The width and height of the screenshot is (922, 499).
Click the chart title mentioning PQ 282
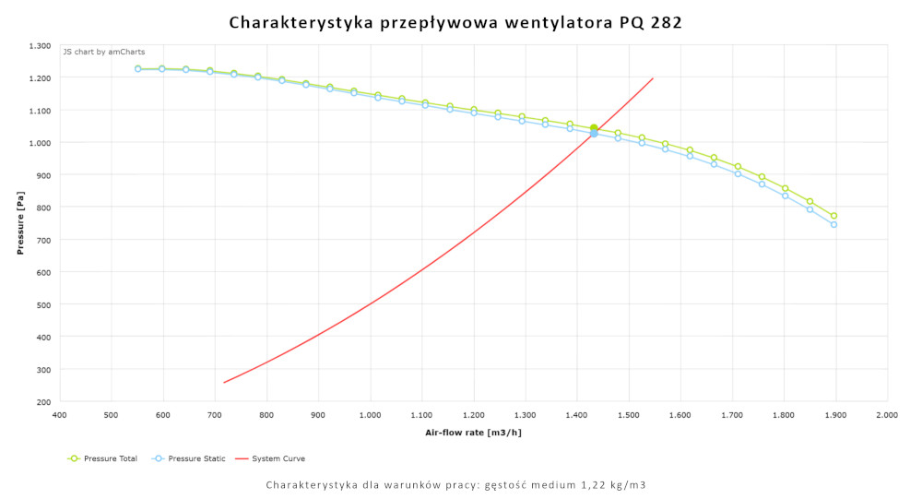[x=455, y=23]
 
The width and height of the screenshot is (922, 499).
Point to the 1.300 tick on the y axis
[x=40, y=45]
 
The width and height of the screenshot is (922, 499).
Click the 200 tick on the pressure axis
[x=43, y=401]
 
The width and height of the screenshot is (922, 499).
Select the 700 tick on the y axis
[x=43, y=240]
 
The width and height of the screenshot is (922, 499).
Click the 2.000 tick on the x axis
[x=887, y=415]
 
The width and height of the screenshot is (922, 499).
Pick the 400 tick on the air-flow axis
[x=59, y=415]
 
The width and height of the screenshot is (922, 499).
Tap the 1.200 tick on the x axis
[x=473, y=415]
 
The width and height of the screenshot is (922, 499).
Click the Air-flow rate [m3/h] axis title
[x=472, y=432]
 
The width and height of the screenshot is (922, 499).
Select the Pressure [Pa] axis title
[x=20, y=223]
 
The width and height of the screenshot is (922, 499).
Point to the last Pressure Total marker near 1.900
[x=833, y=216]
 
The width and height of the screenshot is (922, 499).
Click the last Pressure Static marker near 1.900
[x=833, y=224]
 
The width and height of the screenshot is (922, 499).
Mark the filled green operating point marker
[x=594, y=128]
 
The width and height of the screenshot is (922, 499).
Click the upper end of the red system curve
[x=653, y=78]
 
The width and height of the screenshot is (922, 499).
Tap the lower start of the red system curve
[x=224, y=382]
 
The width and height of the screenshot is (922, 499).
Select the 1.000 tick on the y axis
[x=40, y=143]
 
